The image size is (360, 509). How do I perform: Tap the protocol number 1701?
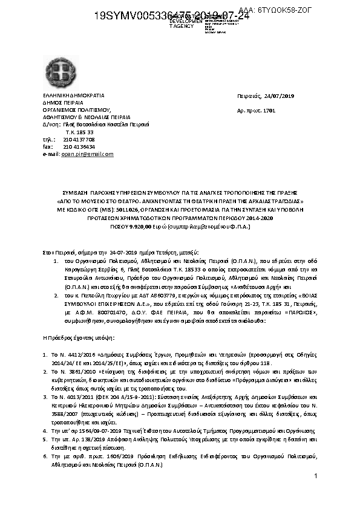[269, 111]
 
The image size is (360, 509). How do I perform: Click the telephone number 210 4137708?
[79, 139]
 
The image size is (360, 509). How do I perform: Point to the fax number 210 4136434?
[79, 147]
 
